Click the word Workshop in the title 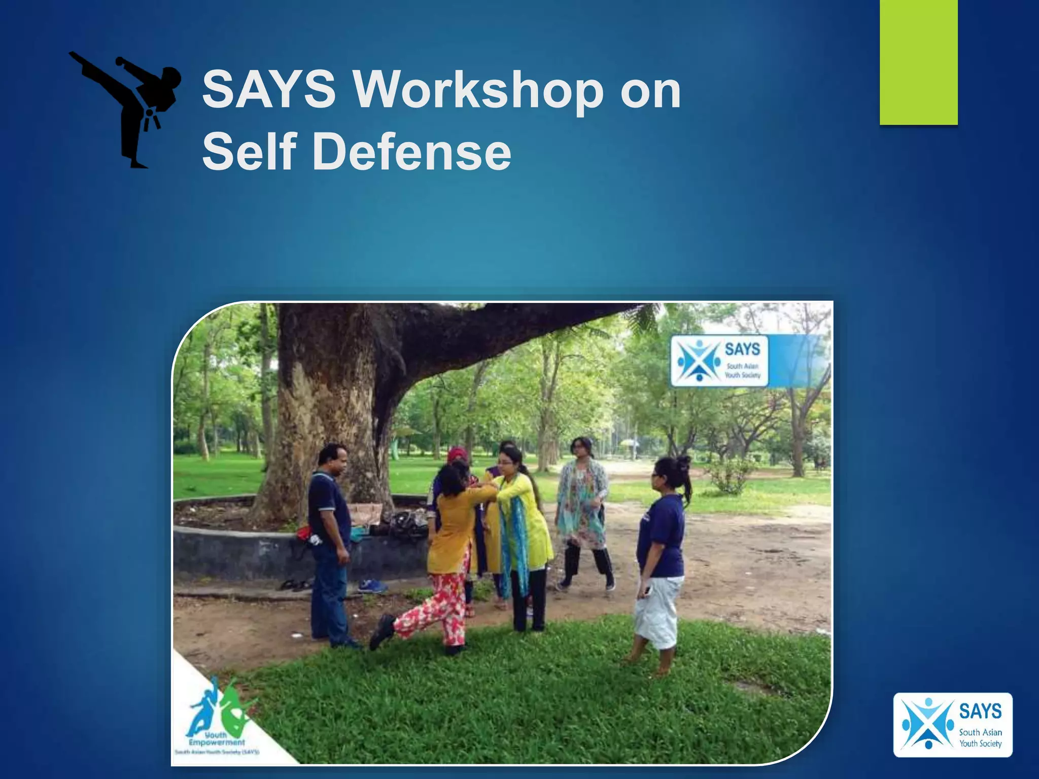tap(476, 89)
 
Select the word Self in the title tap(249, 151)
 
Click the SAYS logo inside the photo tap(719, 361)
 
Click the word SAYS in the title tap(268, 89)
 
